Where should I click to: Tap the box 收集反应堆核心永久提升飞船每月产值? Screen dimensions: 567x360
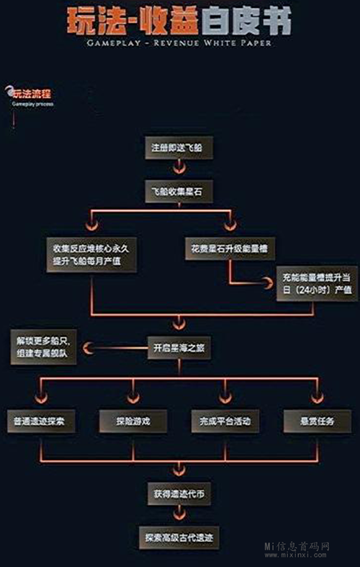pos(91,255)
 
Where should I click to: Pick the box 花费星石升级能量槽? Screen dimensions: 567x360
pos(229,250)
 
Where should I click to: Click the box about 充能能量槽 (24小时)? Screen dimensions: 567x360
pos(317,283)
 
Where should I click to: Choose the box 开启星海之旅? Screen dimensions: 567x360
pos(179,348)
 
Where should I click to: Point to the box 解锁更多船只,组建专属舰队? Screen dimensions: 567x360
pos(43,347)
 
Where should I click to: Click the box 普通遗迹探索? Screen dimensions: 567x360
pos(40,421)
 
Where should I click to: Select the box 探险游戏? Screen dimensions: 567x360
pos(133,421)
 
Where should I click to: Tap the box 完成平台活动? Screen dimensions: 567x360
pos(225,421)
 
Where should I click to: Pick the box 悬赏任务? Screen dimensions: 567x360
pos(317,421)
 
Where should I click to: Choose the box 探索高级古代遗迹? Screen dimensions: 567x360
pos(179,537)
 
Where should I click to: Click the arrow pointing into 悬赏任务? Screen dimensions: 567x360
pos(317,397)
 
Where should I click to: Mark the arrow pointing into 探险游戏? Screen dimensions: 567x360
pos(133,397)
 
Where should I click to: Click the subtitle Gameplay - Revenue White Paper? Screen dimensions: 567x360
pos(179,43)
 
